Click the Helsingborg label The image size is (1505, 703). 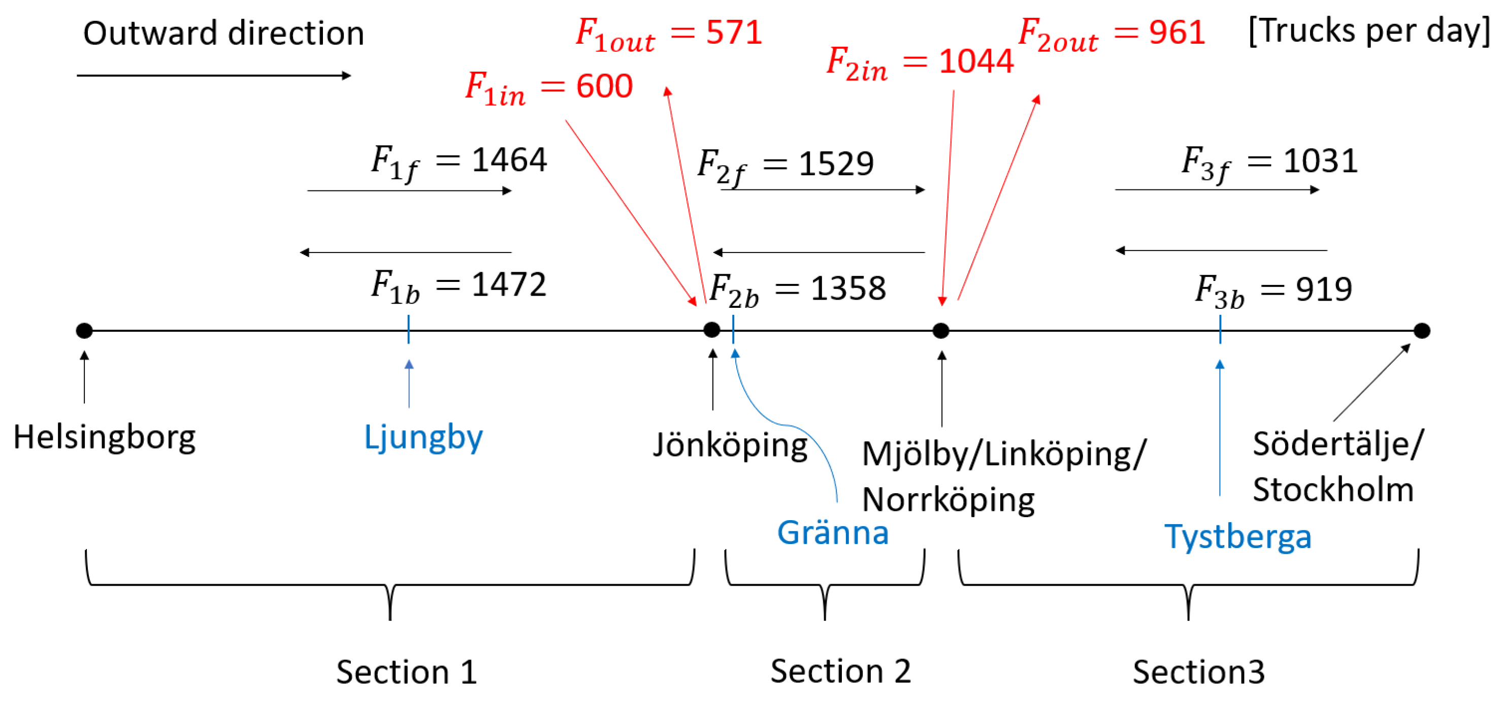[x=104, y=437]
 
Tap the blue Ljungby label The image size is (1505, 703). [x=423, y=437]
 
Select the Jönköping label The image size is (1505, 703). [x=730, y=445]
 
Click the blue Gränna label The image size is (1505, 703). [x=833, y=532]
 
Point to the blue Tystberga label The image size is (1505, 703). [x=1238, y=536]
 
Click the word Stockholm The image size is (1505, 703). [x=1333, y=489]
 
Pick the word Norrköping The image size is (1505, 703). [x=947, y=500]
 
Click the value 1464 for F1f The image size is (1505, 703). [x=509, y=159]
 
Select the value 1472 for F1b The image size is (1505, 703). [x=508, y=284]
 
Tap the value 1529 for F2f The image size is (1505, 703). [x=835, y=163]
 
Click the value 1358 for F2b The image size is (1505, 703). [x=848, y=288]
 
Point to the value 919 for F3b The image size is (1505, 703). [x=1323, y=289]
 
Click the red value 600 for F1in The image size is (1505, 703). [x=604, y=86]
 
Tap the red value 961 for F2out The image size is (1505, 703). [x=1176, y=32]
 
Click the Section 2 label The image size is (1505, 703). [x=840, y=671]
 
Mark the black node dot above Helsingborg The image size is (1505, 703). [x=84, y=331]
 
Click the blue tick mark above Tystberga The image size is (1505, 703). [x=1220, y=330]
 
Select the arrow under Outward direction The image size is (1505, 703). [x=213, y=75]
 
